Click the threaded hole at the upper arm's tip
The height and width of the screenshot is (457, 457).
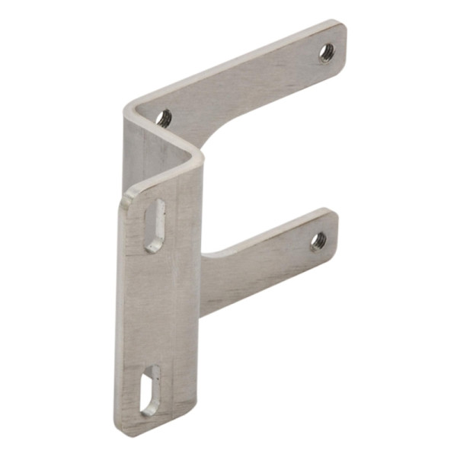[x=326, y=52]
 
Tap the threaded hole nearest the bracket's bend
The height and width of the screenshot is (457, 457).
[x=164, y=117]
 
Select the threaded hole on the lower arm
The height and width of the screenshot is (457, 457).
[x=318, y=241]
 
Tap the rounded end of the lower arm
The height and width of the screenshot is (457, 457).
[x=333, y=228]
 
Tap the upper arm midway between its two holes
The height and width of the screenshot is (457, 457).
[x=244, y=84]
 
